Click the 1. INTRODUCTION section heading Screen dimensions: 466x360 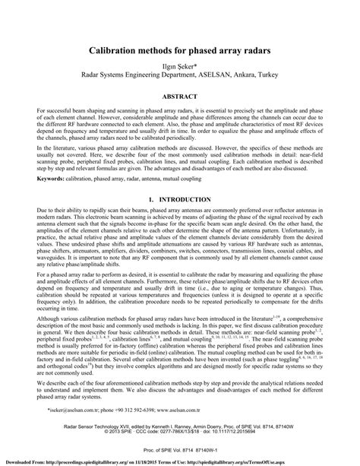click(180, 199)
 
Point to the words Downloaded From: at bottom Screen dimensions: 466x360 click(23, 462)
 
